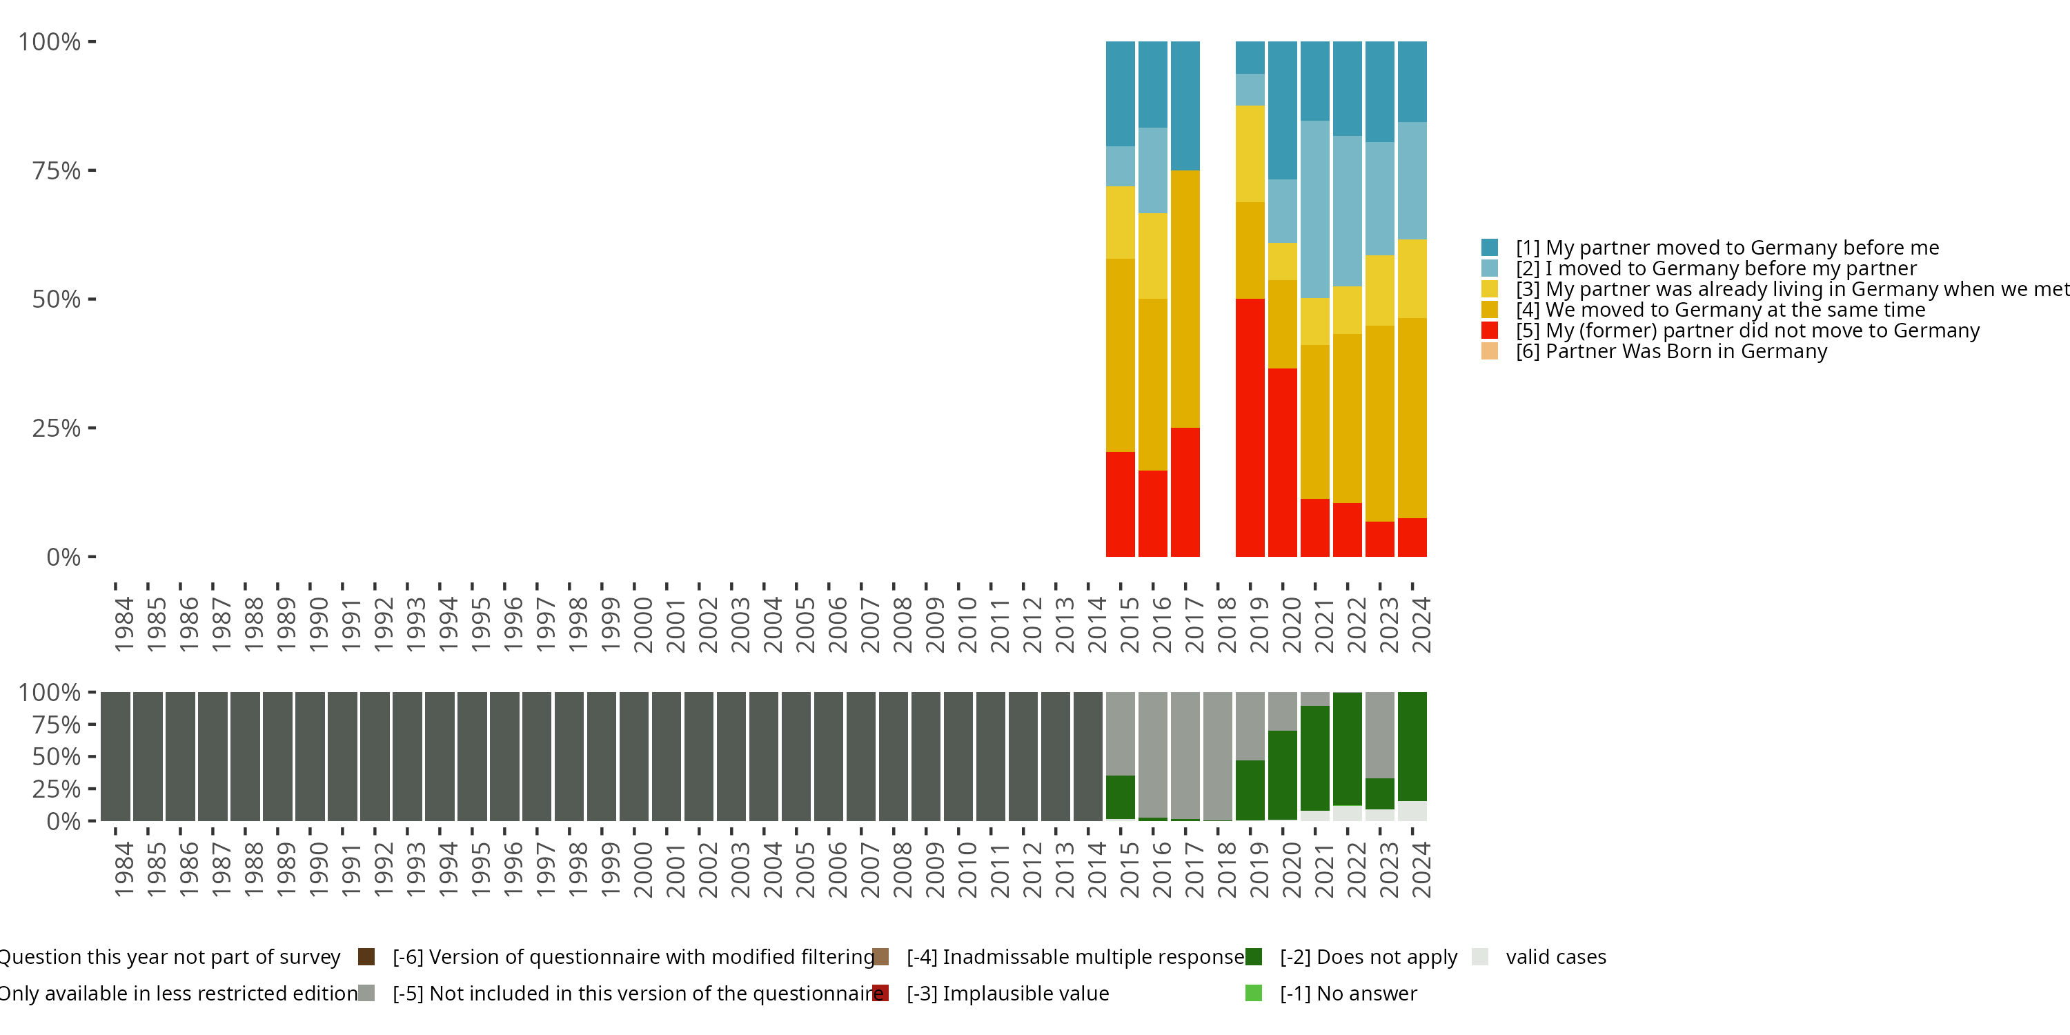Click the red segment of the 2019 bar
1250,428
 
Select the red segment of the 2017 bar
1185,492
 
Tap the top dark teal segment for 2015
1120,93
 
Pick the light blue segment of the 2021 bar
1314,209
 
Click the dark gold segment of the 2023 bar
1380,424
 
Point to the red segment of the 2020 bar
1283,462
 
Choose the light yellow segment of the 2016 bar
1153,255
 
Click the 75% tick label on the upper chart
57,170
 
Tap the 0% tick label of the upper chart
63,557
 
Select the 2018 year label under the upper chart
1226,624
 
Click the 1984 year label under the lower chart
124,869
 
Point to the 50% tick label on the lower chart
57,756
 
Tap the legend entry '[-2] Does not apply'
1368,956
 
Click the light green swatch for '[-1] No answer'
1253,993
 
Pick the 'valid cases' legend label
1556,956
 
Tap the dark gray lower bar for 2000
634,756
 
